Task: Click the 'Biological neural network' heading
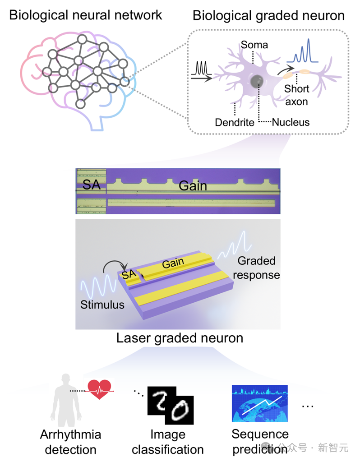tap(85, 15)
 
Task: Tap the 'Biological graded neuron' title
tap(268, 16)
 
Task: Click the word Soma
tap(254, 45)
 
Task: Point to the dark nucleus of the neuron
tap(257, 81)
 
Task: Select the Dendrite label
tap(235, 122)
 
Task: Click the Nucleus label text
tap(291, 122)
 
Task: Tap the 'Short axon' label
tap(297, 95)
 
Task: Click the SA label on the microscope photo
tap(92, 185)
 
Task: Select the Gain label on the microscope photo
tap(193, 186)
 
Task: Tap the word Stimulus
tap(102, 305)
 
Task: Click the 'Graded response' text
tap(256, 268)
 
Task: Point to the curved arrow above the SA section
tap(115, 267)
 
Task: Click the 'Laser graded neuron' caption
tap(180, 338)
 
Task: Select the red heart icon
tap(99, 389)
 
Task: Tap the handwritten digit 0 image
tap(180, 410)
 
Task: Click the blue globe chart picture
tap(260, 403)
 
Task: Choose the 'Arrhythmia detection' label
tap(71, 442)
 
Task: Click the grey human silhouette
tap(66, 400)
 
